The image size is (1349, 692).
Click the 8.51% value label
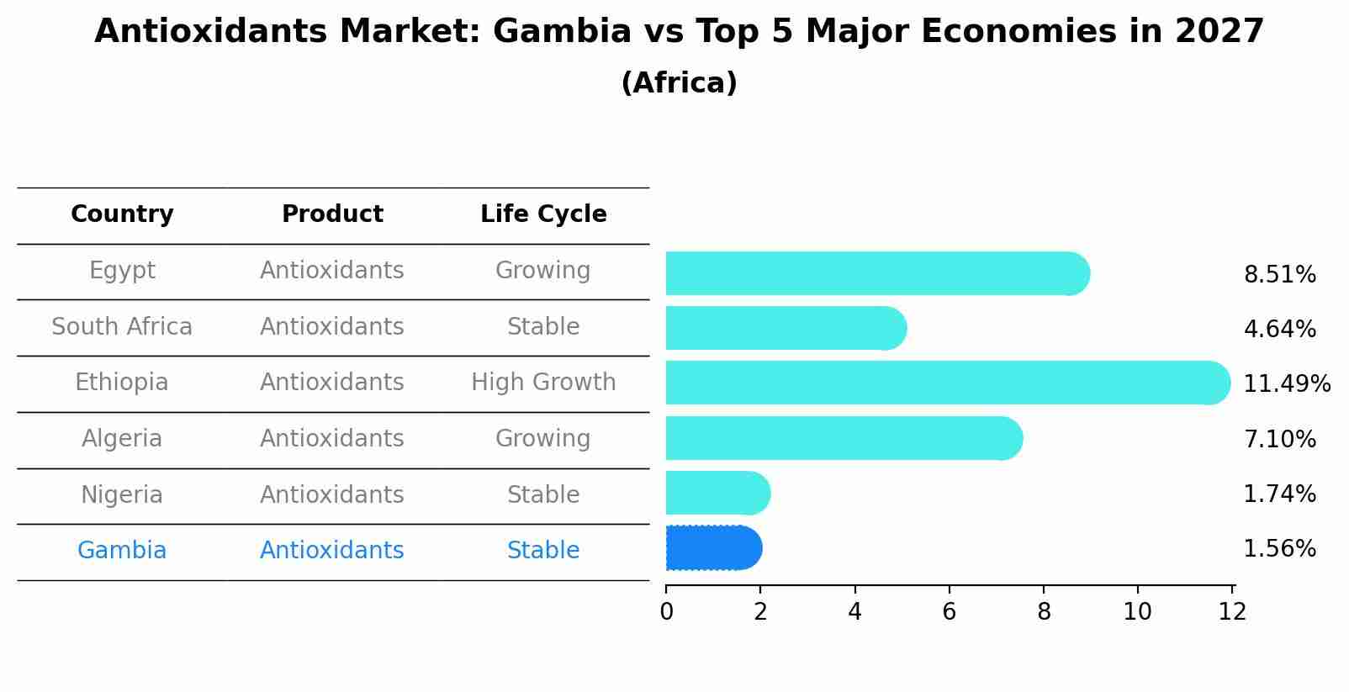[1279, 275]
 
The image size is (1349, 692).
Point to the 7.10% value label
[1279, 439]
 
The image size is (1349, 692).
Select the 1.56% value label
[1279, 549]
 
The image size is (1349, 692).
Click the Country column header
[122, 214]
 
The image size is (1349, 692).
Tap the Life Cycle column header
[543, 214]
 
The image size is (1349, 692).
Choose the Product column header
[332, 214]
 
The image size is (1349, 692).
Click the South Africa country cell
[122, 327]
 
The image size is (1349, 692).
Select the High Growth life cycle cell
[543, 383]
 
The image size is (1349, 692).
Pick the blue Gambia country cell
[122, 551]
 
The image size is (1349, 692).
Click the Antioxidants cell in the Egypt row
[332, 271]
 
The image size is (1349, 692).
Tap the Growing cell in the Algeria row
[543, 439]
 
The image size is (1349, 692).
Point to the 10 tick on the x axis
[1137, 612]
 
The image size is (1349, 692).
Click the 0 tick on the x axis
[667, 612]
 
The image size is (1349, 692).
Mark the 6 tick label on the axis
[950, 612]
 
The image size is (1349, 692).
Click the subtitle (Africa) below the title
[679, 83]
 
